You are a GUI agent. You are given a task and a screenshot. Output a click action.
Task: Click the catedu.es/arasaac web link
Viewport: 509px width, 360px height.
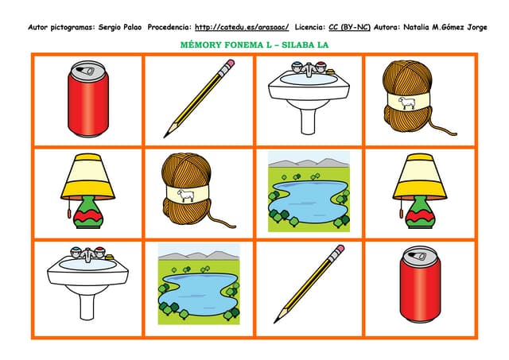pos(242,27)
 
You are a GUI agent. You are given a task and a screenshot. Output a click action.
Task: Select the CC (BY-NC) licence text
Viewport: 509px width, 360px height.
pos(350,27)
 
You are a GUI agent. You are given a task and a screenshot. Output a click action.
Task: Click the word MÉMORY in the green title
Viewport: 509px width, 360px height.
pos(200,45)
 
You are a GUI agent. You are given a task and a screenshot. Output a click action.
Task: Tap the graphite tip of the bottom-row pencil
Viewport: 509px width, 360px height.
pos(276,321)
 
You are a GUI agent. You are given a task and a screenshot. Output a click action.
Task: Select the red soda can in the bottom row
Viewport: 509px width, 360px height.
pos(421,285)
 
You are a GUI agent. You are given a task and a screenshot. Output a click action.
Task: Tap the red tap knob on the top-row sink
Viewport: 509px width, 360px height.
pos(320,64)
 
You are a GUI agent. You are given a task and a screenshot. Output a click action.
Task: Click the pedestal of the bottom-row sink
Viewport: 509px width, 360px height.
pos(87,305)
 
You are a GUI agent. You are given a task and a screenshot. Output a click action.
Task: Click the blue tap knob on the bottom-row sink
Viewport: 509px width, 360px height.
pos(76,250)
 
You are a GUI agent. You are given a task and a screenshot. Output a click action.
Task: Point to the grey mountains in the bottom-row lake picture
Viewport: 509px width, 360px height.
pos(199,255)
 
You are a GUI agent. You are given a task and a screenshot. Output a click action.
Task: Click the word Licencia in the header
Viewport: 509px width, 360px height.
pos(310,27)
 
